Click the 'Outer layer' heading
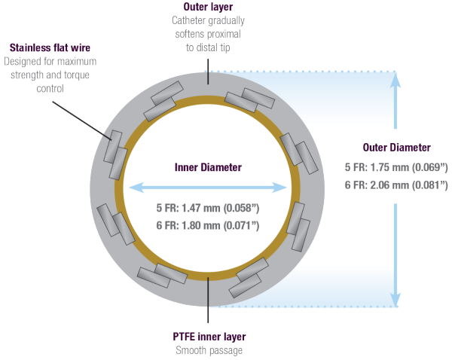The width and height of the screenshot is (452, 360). [206, 7]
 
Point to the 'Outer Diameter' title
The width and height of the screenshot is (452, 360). [396, 147]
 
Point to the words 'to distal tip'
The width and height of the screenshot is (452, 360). [206, 47]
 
